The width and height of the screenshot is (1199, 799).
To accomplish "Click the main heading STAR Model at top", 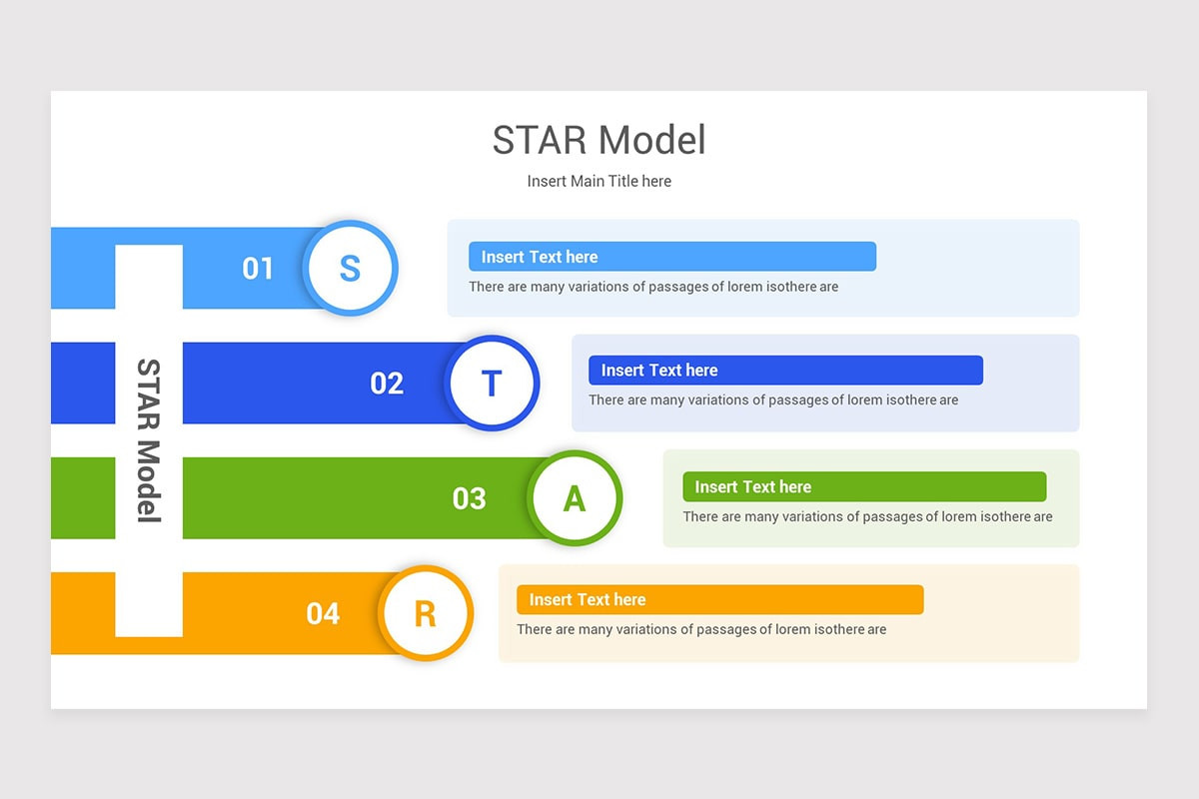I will point(599,141).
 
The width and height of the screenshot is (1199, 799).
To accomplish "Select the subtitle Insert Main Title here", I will point(599,181).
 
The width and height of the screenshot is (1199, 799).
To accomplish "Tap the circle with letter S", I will point(350,268).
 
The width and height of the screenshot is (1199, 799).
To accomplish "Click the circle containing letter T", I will point(492,383).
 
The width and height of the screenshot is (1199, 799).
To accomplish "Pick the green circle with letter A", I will point(575,497).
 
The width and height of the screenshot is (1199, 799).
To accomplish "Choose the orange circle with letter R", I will point(425,613).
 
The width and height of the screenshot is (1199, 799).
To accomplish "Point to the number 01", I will point(258,268).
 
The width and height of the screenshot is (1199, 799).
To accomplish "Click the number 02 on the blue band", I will point(387,383).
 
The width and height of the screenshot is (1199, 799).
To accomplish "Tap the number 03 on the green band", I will point(469,497).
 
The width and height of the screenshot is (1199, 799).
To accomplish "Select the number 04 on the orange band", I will point(323,613).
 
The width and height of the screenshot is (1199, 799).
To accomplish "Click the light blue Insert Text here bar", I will point(671,257).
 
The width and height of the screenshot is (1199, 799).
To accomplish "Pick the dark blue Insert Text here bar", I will point(785,371).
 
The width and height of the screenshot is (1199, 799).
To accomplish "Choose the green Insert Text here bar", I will point(864,486).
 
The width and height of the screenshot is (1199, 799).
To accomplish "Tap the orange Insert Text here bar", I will point(719,599).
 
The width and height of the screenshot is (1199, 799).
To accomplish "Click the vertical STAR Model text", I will point(148,440).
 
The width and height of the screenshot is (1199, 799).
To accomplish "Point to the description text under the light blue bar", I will point(653,287).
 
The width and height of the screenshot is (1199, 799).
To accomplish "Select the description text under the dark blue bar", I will point(773,400).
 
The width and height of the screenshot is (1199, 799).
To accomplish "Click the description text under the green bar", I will point(867,516).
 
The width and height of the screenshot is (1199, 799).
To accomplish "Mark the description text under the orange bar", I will point(701,629).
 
